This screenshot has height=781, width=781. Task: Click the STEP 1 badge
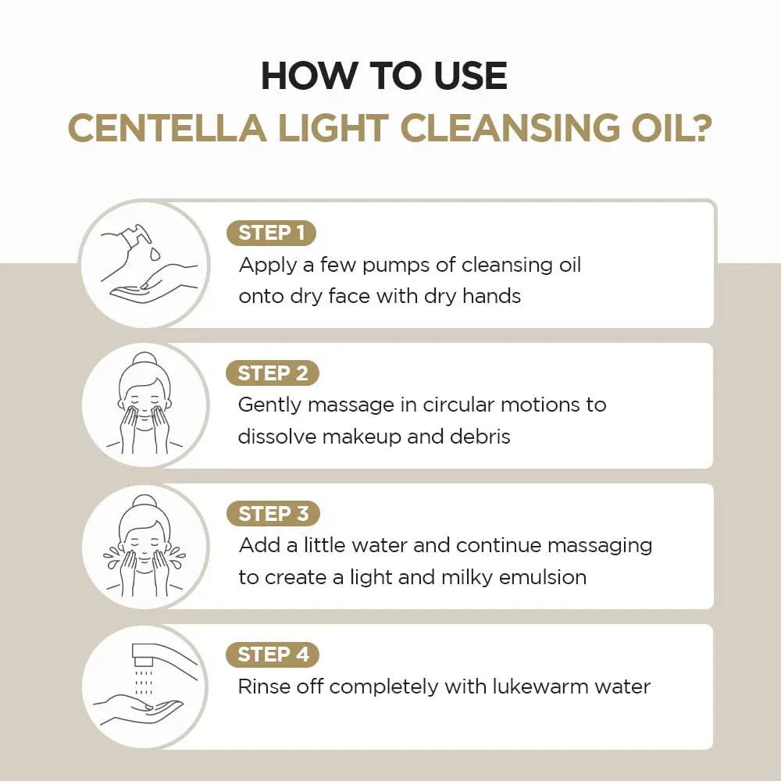[x=271, y=233]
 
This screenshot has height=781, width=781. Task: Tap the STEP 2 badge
[x=273, y=373]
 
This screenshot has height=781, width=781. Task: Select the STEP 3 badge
[x=273, y=514]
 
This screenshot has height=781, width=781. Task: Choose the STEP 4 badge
[x=273, y=654]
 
